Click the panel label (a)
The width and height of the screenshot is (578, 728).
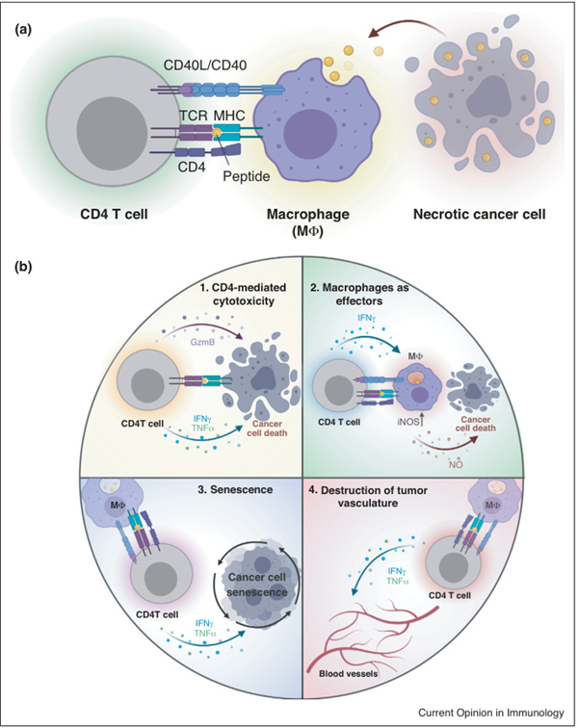(24, 28)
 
